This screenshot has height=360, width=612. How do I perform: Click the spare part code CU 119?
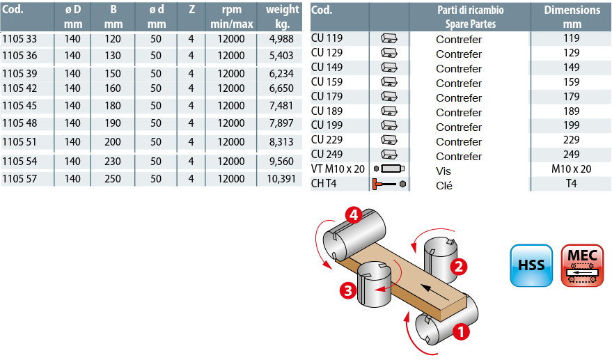coord(327,38)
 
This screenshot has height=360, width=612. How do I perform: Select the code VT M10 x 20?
coord(338,169)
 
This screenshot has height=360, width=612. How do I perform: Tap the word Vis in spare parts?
coord(444,171)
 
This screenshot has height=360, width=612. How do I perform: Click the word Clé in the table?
coord(444,185)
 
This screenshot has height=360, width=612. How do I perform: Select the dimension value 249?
coord(572,155)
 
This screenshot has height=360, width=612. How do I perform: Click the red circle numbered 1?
coord(460,331)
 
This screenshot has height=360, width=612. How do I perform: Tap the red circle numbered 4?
coord(354,215)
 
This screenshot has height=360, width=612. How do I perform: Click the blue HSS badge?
coord(531,265)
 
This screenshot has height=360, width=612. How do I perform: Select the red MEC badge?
coord(582,265)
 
